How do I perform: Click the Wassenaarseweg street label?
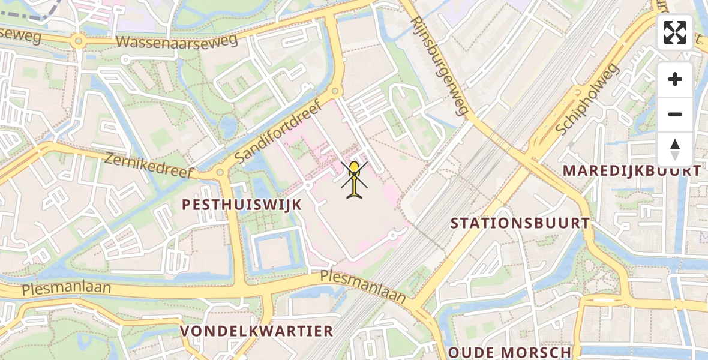coord(177,41)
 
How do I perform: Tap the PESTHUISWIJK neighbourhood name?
coord(241,205)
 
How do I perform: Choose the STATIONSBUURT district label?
coord(520,223)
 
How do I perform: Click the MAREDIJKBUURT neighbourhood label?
coord(631,170)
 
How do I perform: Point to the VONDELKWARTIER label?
coord(257,331)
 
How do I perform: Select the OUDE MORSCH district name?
coord(509,352)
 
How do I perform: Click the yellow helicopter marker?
coord(355,179)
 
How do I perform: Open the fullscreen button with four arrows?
coord(674,32)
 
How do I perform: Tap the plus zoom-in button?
coord(675,79)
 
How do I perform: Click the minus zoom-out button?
coord(675,114)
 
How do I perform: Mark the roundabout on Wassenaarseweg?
coord(77,41)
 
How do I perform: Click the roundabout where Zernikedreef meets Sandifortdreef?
coord(220,173)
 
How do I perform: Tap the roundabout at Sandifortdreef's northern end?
coord(335,91)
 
